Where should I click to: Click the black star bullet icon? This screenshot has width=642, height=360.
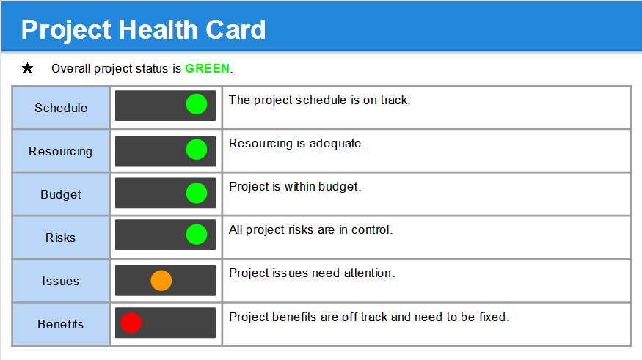[x=28, y=69]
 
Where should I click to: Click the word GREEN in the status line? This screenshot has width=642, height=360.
[x=207, y=69]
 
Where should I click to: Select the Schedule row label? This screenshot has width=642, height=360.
[x=61, y=108]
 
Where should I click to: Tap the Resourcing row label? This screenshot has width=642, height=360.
[x=61, y=151]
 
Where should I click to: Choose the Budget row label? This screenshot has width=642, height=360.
[x=61, y=194]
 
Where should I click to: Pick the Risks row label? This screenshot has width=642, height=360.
[x=61, y=238]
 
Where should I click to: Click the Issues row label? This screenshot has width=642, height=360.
[x=61, y=281]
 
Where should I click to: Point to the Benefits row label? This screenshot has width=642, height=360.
[x=61, y=324]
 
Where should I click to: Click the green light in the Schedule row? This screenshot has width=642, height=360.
[x=197, y=105]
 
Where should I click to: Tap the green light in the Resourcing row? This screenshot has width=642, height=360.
[x=197, y=150]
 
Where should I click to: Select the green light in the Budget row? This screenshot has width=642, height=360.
[x=197, y=193]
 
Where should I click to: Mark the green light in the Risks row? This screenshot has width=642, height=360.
[x=197, y=235]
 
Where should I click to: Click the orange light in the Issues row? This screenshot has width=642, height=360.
[x=161, y=280]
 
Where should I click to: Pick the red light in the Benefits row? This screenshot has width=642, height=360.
[x=131, y=323]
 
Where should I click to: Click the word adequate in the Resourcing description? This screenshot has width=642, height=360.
[x=337, y=144]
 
